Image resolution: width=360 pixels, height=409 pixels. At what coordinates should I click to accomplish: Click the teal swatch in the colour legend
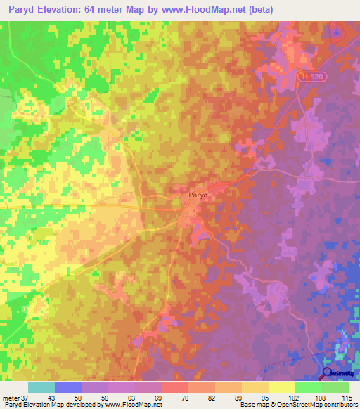point(41,387)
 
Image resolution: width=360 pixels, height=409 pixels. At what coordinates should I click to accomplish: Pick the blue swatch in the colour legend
point(68,387)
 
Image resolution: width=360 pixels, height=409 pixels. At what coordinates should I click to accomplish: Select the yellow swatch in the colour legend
point(282,387)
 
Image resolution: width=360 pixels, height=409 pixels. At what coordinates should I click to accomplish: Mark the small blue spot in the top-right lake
point(336,31)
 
